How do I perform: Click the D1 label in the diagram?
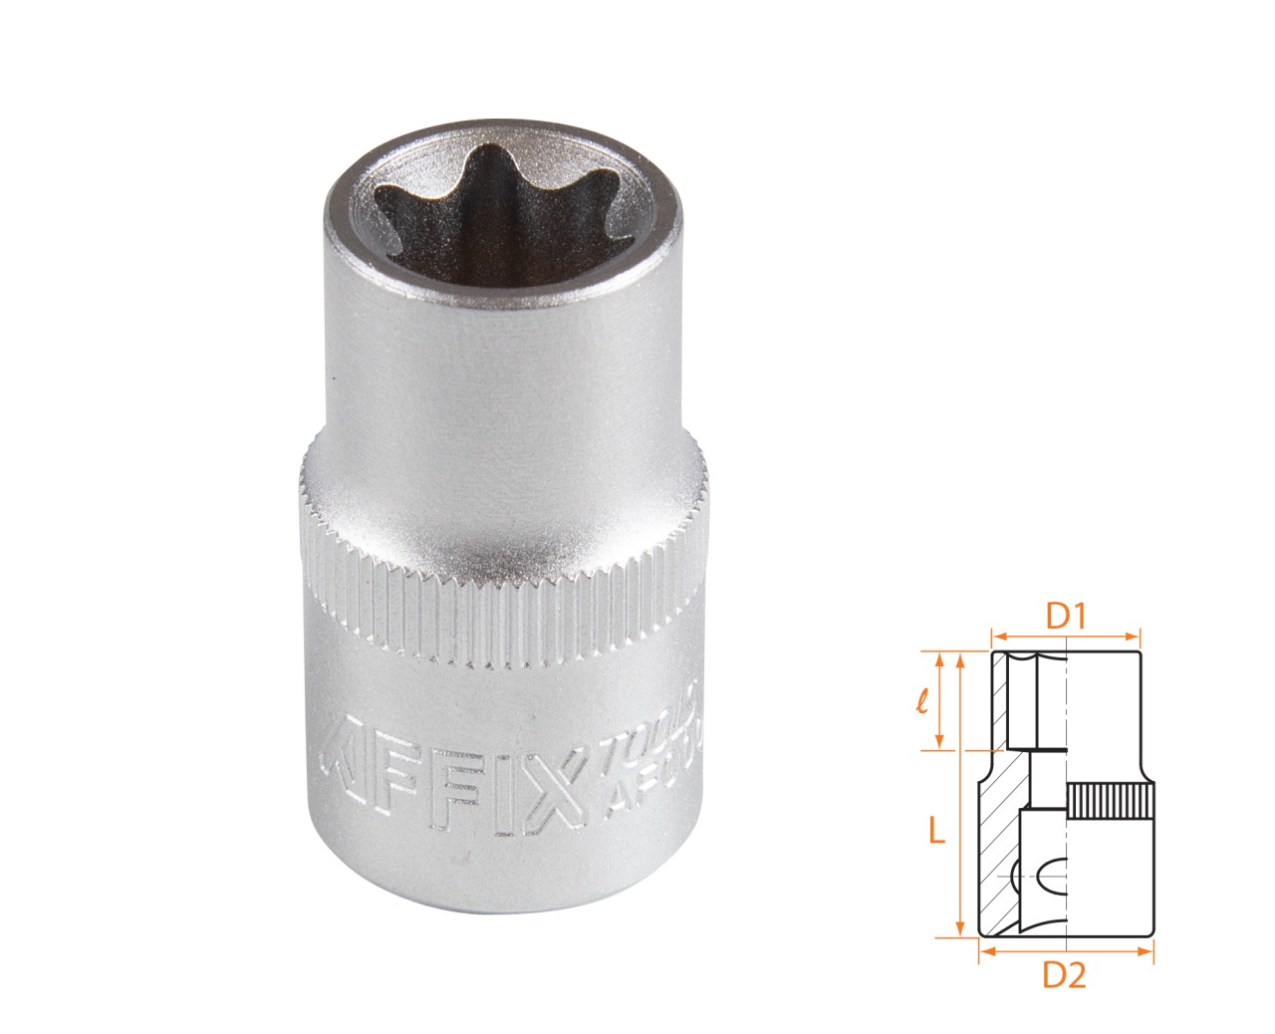[1064, 618]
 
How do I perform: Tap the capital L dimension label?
[935, 830]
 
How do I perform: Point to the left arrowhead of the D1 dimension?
[997, 635]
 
